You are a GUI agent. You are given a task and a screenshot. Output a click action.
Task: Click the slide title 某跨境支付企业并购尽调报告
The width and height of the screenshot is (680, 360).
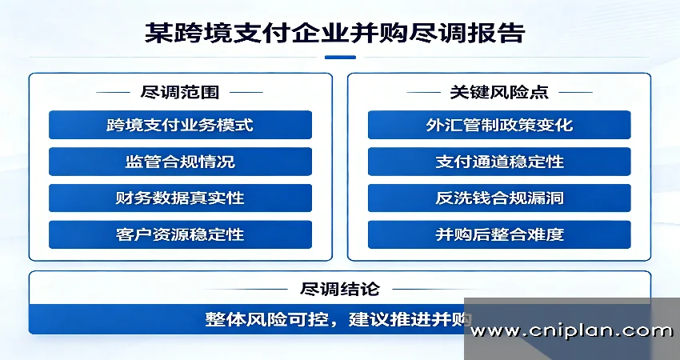click(x=334, y=33)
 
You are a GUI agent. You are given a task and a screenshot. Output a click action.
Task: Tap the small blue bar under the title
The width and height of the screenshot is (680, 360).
click(x=341, y=58)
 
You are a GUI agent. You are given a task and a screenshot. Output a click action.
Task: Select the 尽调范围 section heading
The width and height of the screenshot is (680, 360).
click(x=179, y=92)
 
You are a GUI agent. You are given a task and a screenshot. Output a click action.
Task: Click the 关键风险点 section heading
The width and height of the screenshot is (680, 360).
click(x=499, y=92)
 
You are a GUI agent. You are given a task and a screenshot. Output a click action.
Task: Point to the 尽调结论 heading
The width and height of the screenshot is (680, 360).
click(x=340, y=289)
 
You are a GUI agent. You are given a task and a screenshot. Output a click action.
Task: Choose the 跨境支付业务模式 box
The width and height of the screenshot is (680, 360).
click(x=181, y=125)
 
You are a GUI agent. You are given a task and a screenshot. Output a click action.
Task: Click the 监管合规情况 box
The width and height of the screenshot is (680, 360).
click(x=181, y=162)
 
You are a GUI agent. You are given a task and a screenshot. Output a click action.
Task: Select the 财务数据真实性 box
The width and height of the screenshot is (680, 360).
click(x=181, y=198)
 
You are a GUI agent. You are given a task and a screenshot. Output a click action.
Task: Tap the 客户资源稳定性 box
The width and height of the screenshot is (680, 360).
click(x=181, y=234)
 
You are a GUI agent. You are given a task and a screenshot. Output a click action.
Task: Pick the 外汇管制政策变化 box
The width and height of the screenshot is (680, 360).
click(x=499, y=125)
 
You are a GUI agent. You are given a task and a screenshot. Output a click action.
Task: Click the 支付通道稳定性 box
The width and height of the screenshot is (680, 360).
click(x=499, y=162)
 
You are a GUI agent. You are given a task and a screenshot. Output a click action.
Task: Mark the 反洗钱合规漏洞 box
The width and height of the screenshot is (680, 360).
click(x=499, y=198)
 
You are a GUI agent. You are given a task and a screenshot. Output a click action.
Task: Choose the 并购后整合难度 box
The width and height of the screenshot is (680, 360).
click(x=499, y=234)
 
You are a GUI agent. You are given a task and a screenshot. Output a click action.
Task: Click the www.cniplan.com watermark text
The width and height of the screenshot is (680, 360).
click(x=572, y=331)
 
